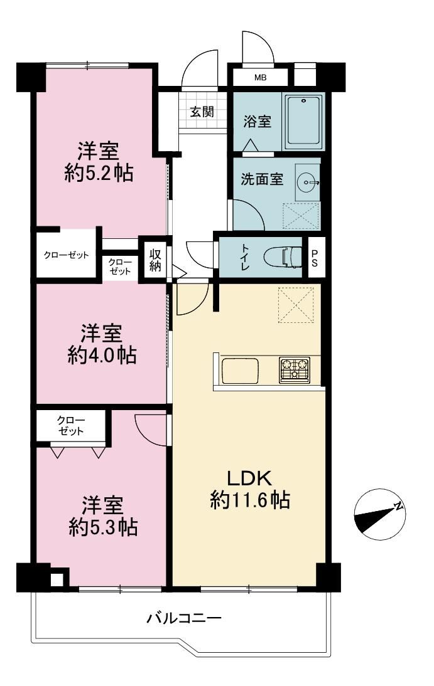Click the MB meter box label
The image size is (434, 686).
pyautogui.click(x=261, y=78)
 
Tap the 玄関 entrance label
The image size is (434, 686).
pyautogui.click(x=202, y=112)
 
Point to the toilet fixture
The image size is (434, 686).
pyautogui.click(x=285, y=257)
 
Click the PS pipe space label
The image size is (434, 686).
pyautogui.click(x=315, y=258)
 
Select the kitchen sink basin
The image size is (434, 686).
pyautogui.click(x=239, y=371)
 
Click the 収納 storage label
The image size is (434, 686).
pyautogui.click(x=155, y=260)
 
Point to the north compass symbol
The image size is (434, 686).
pyautogui.click(x=379, y=514)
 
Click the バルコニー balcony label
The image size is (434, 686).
pyautogui.click(x=184, y=618)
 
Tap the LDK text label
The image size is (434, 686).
pyautogui.click(x=249, y=478)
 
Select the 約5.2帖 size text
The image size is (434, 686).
pyautogui.click(x=99, y=174)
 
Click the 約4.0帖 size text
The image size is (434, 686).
pyautogui.click(x=102, y=356)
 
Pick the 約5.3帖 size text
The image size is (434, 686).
pyautogui.click(x=103, y=527)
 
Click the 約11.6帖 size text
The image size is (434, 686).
pyautogui.click(x=250, y=499)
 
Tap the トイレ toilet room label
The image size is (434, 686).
pyautogui.click(x=244, y=257)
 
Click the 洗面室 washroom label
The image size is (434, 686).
pyautogui.click(x=262, y=179)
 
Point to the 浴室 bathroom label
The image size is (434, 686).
pyautogui.click(x=258, y=121)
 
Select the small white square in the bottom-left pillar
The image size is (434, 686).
pyautogui.click(x=57, y=579)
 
